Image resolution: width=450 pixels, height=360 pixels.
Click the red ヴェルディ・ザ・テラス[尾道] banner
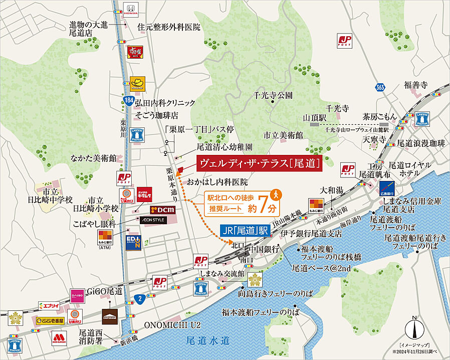(258, 163)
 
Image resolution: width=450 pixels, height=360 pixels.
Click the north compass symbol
(414, 329)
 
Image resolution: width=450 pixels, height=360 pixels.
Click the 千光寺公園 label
(273, 95)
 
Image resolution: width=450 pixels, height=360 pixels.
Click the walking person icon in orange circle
(274, 194)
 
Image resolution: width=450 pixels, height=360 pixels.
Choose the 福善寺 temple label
(415, 85)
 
